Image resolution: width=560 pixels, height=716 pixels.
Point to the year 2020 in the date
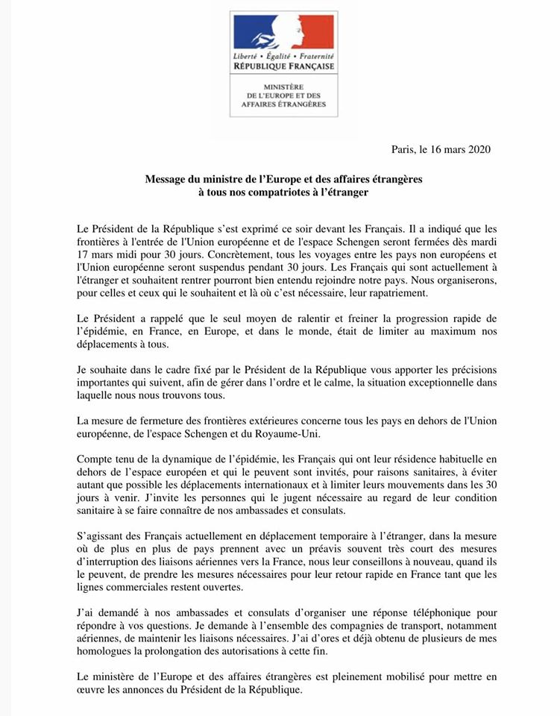pyautogui.click(x=476, y=148)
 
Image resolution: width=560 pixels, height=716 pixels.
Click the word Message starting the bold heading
pyautogui.click(x=166, y=180)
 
